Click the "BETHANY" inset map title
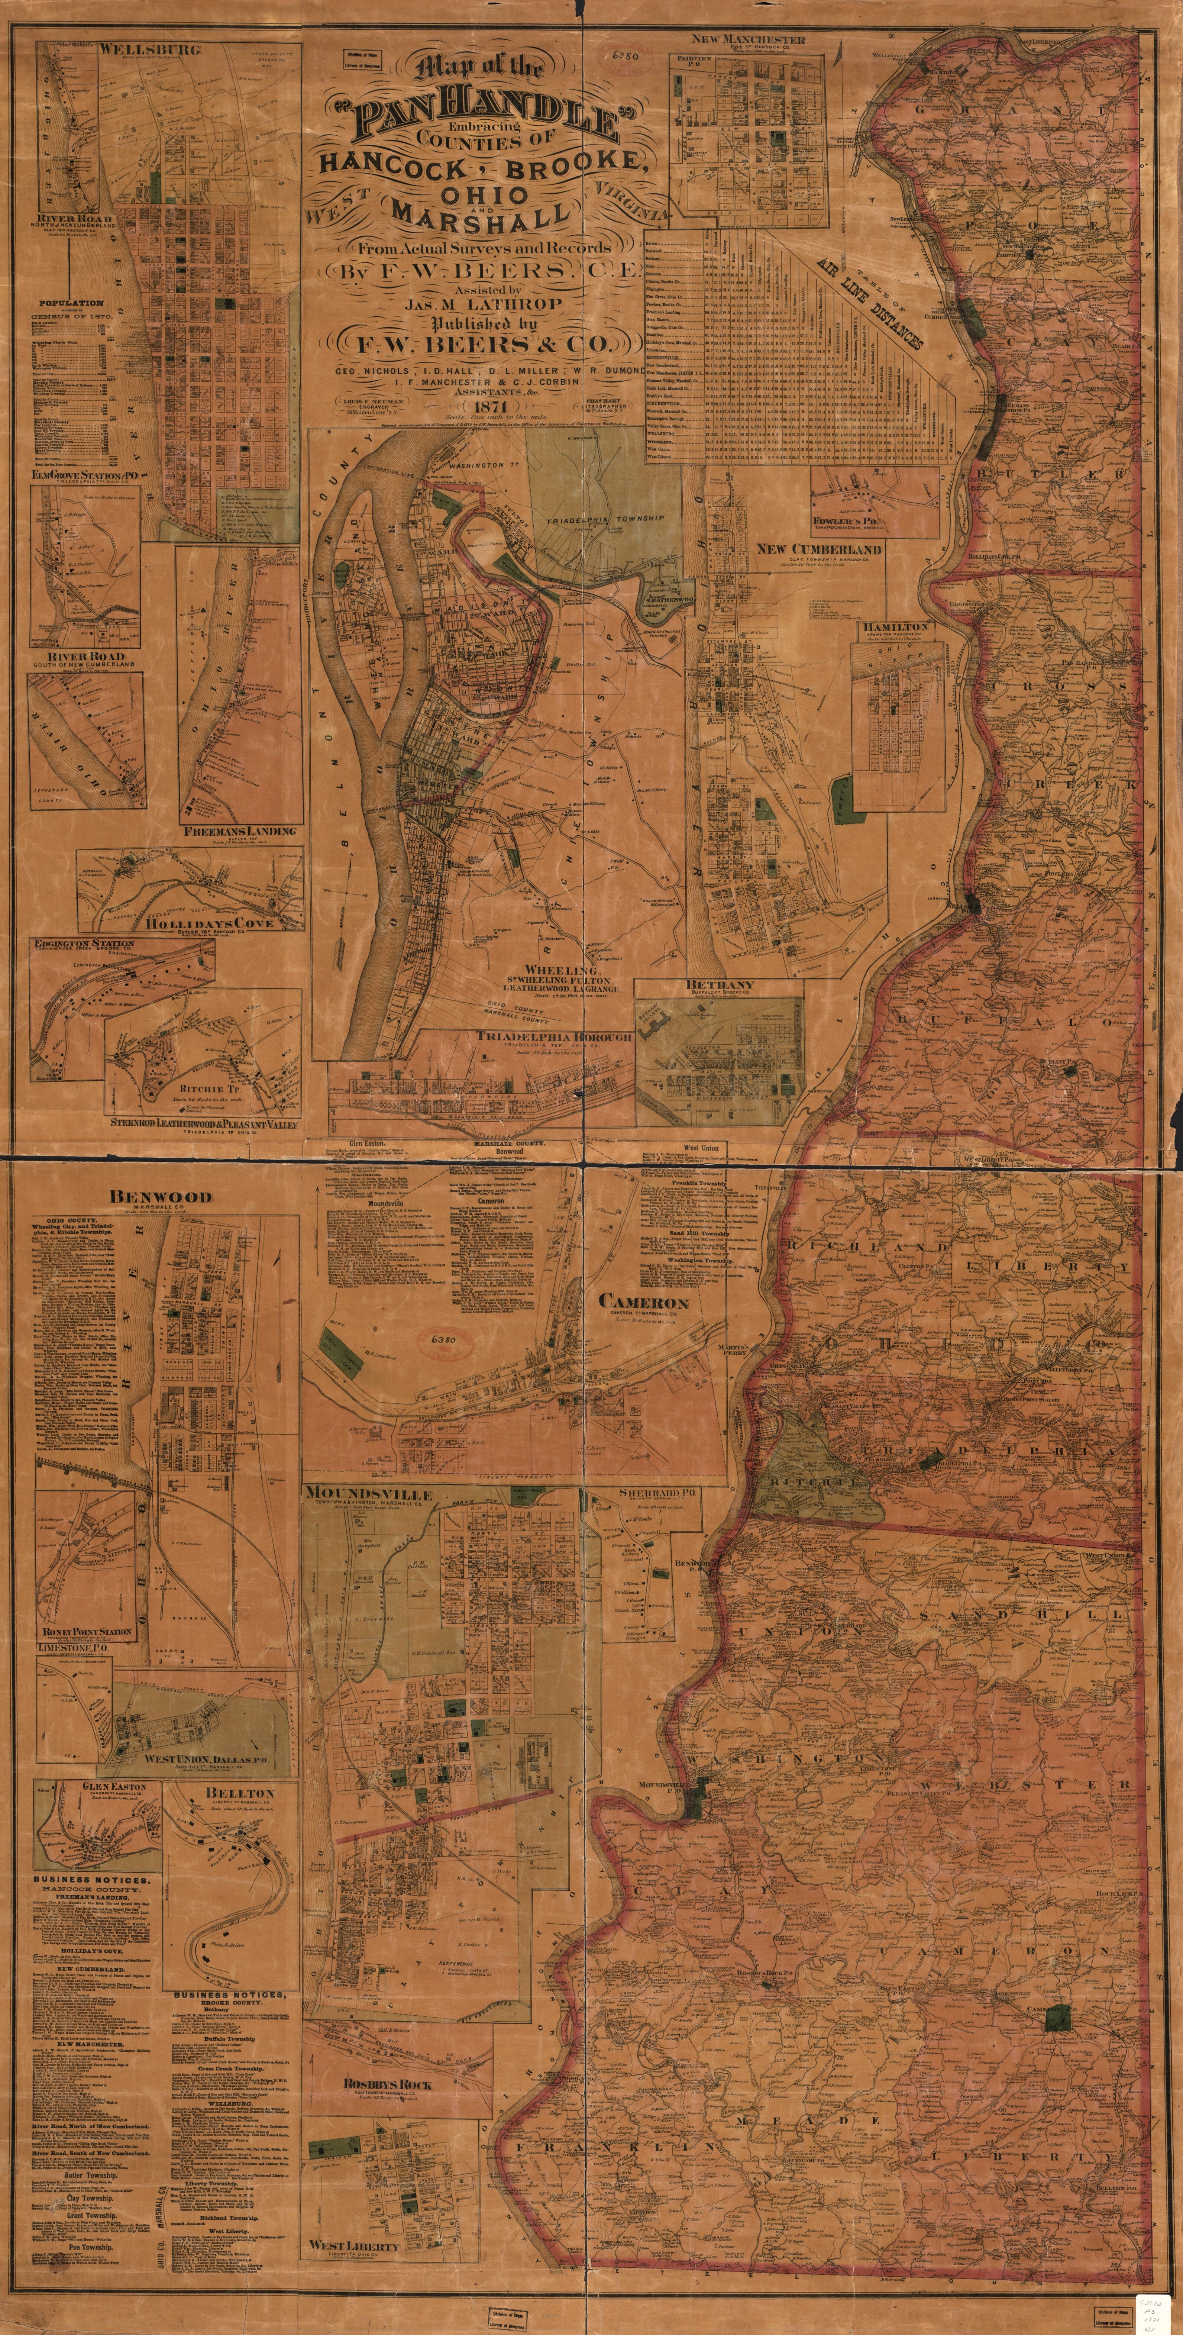coord(720,984)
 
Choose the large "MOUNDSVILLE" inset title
coord(369,1493)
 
